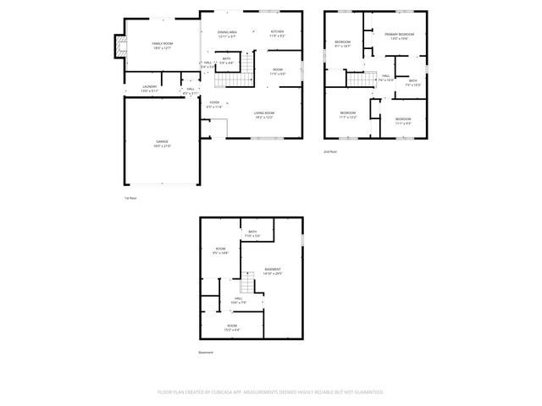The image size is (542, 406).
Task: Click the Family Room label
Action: pos(161,45)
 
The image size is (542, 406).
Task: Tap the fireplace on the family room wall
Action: pos(119,46)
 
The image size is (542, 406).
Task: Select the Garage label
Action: pos(162,143)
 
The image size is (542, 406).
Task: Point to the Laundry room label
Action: pos(150,88)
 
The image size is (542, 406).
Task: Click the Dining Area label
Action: pos(227,34)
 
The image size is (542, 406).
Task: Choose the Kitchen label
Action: pos(277,34)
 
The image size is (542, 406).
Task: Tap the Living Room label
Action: pos(264,114)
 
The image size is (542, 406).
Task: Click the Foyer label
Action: pos(214,105)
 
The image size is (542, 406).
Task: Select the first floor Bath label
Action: pos(227,61)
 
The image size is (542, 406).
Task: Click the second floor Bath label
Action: pos(412,82)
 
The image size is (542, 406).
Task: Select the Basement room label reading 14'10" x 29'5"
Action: pos(272,272)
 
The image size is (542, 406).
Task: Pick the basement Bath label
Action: pos(252,233)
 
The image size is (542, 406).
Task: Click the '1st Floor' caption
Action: pos(131,197)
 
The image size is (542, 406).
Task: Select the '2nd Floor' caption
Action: pos(330,151)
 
